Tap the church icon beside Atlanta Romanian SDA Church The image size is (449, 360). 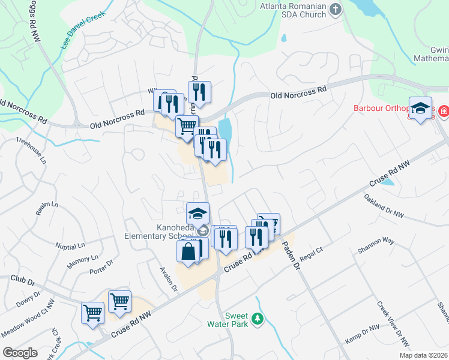tap(336, 10)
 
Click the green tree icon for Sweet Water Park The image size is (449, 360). tap(258, 319)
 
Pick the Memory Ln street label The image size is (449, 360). tap(82, 259)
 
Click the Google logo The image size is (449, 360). tap(20, 352)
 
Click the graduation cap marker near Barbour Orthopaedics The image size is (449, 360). tap(420, 108)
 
